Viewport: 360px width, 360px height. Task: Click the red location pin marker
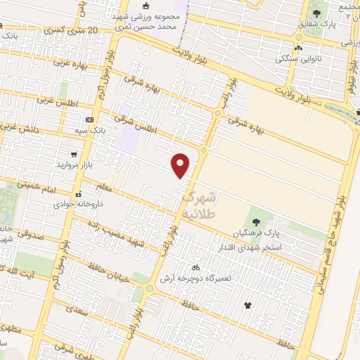(x=181, y=166)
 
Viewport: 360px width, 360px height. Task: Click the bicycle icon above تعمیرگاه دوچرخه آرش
(x=195, y=267)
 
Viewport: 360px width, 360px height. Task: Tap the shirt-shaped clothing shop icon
(x=247, y=305)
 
